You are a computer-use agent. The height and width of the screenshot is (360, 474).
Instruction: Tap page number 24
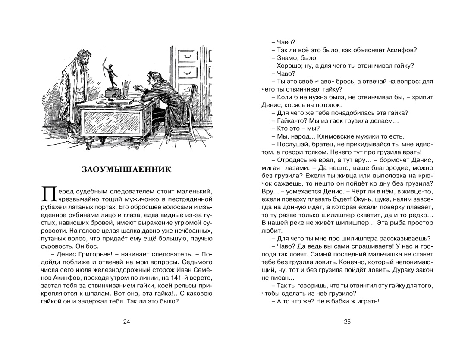(x=126, y=321)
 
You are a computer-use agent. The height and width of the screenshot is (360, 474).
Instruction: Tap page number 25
(x=347, y=321)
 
